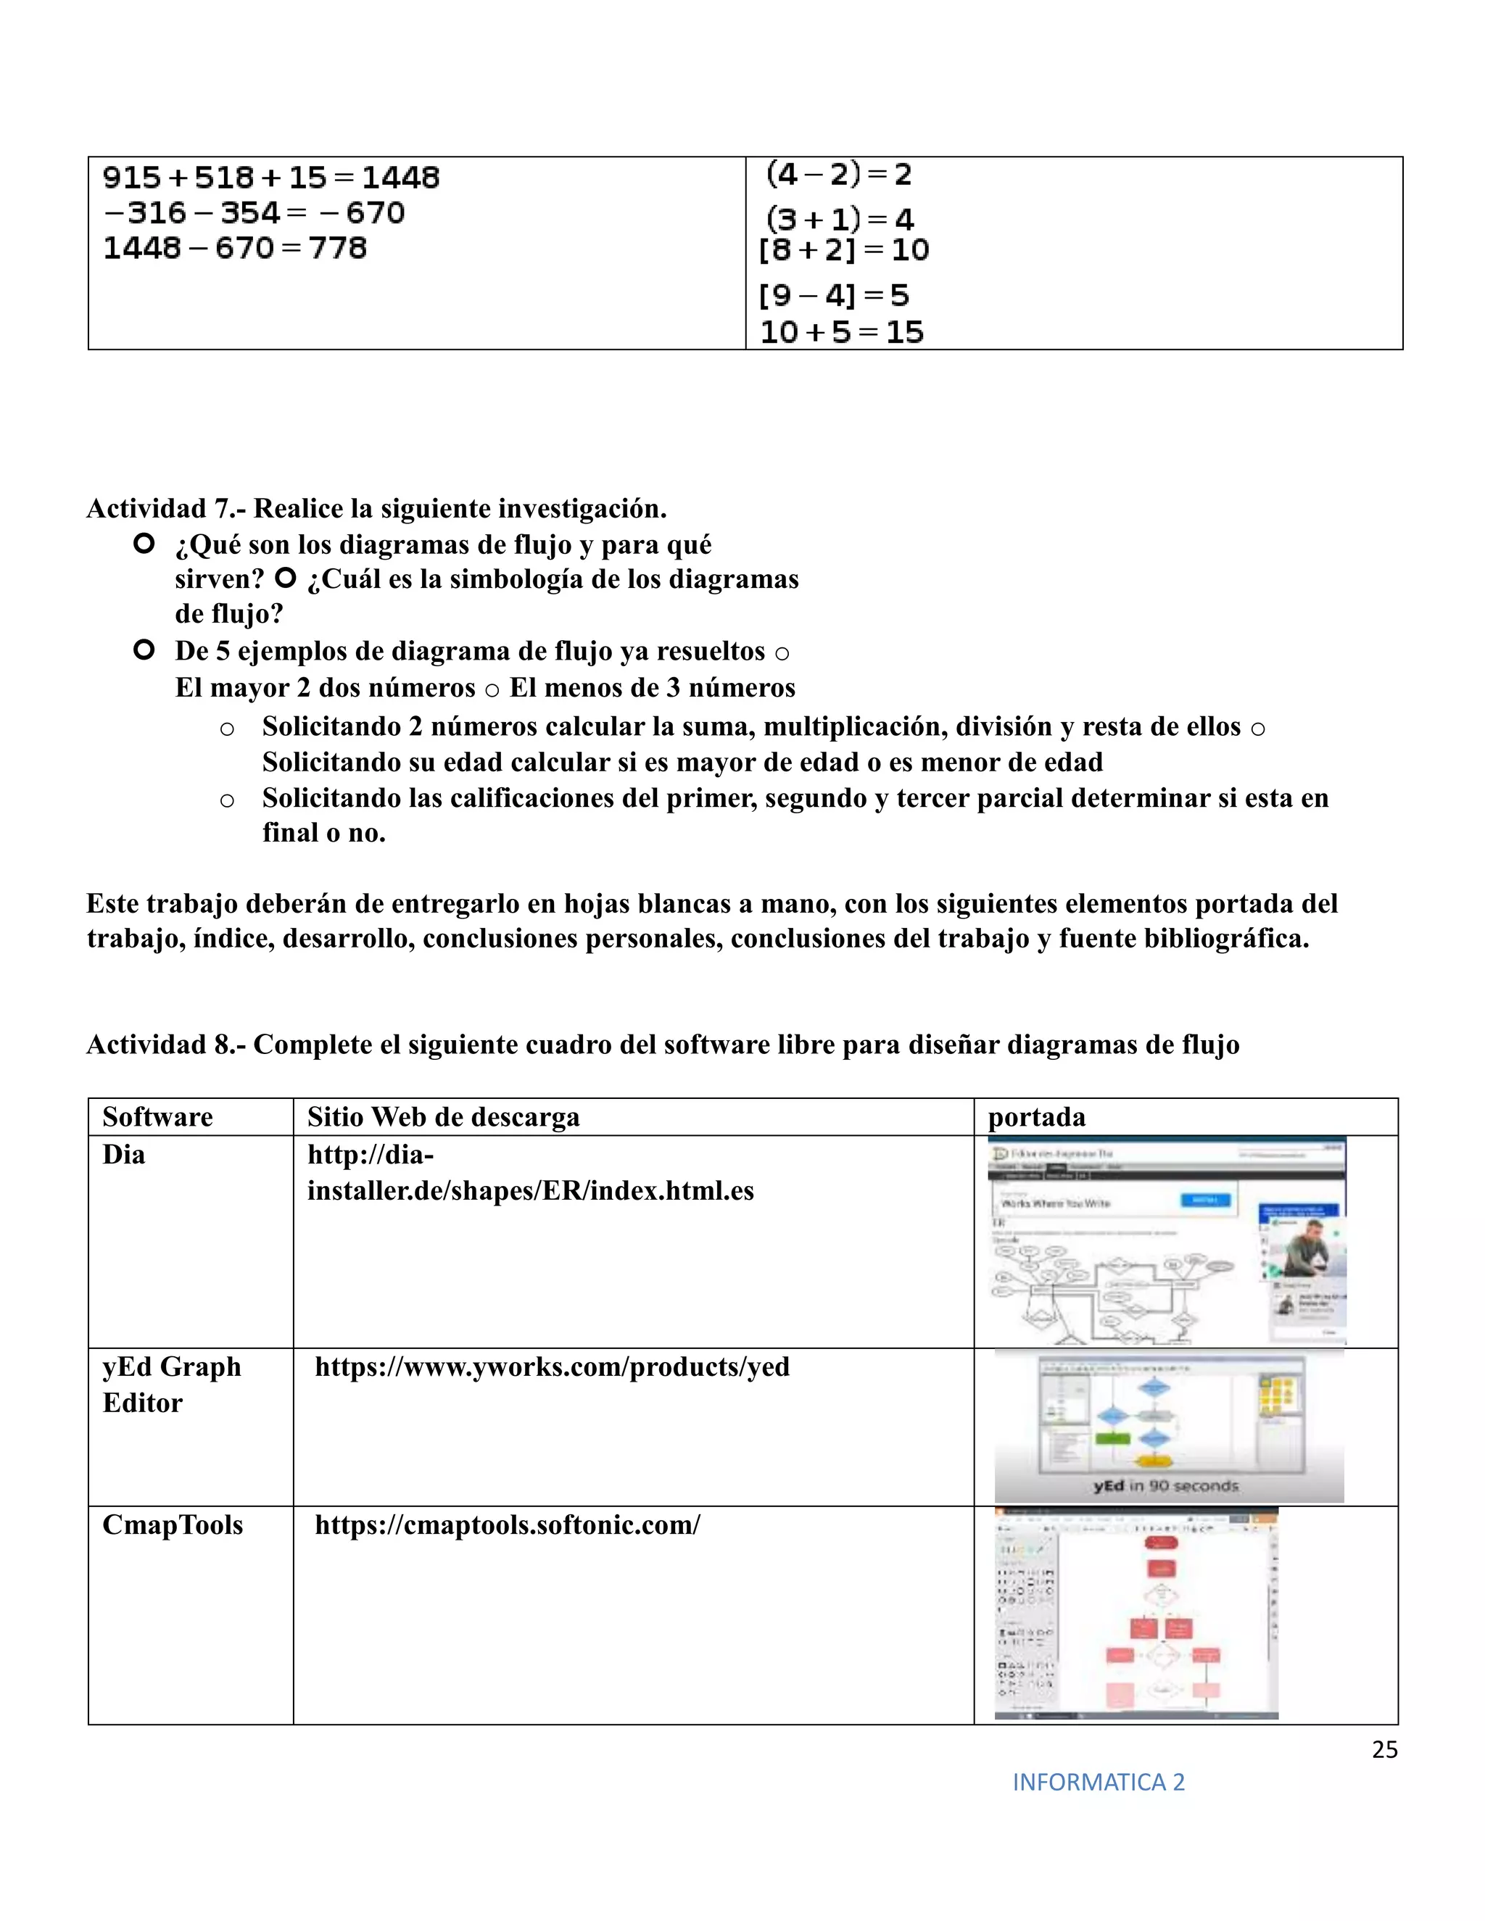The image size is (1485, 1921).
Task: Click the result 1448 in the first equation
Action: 400,178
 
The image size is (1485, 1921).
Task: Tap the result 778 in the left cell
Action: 337,248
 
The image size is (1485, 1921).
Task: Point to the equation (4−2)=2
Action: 838,174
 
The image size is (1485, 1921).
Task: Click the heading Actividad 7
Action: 376,508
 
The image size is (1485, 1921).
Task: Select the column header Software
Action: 157,1117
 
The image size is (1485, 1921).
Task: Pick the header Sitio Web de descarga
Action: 443,1117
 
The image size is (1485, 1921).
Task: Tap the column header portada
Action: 1036,1117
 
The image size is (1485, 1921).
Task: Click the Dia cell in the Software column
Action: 124,1154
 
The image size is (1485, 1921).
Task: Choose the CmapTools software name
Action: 173,1524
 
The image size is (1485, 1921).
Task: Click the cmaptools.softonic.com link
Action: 507,1524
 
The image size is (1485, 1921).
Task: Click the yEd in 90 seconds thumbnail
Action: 1168,1426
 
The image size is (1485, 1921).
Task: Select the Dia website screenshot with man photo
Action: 1167,1241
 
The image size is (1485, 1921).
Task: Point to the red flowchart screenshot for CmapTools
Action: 1136,1613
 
